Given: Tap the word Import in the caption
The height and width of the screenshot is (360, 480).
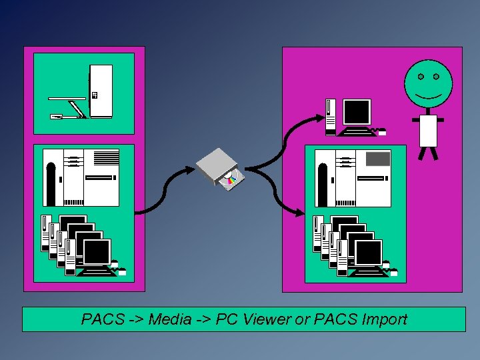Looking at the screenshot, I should [384, 319].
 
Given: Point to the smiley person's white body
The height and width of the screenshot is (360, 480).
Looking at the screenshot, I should [428, 131].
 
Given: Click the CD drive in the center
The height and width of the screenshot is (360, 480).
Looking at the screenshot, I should [217, 165].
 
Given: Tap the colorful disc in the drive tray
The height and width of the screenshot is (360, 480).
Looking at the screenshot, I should [231, 179].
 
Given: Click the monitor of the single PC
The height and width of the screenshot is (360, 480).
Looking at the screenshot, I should [357, 112].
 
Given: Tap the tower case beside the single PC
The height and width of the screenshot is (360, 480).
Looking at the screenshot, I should [330, 116].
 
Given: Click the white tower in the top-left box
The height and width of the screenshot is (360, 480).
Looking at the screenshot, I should [101, 91].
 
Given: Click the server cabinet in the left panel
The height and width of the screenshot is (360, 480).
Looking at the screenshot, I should [81, 177].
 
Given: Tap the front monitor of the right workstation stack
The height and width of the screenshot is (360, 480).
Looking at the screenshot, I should [368, 253].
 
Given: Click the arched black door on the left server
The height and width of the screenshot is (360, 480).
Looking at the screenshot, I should [51, 183].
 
